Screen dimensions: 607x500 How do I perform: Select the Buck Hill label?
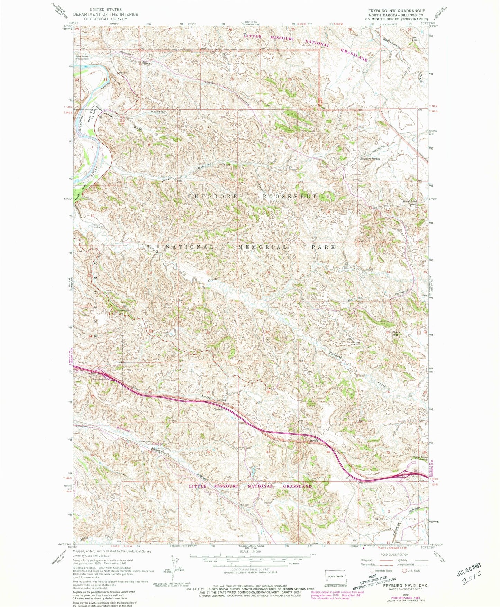(x=396, y=333)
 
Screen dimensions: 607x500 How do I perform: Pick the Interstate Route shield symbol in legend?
(x=372, y=571)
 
